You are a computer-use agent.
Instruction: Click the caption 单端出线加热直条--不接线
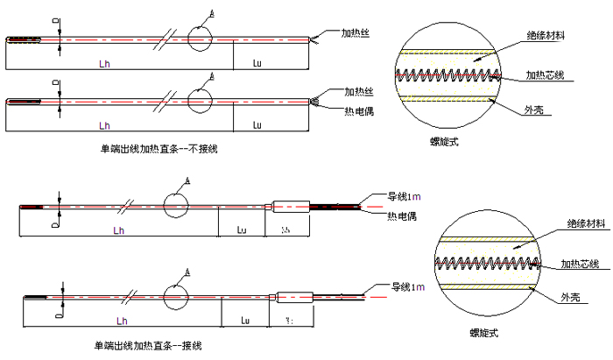(x=159, y=149)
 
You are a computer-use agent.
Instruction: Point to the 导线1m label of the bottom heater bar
(x=407, y=287)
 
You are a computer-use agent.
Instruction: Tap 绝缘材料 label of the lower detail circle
(x=586, y=224)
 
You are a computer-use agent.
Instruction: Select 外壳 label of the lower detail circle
(x=570, y=298)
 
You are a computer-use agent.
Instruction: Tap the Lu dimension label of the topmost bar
(x=257, y=62)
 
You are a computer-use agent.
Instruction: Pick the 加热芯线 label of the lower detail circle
(x=581, y=263)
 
